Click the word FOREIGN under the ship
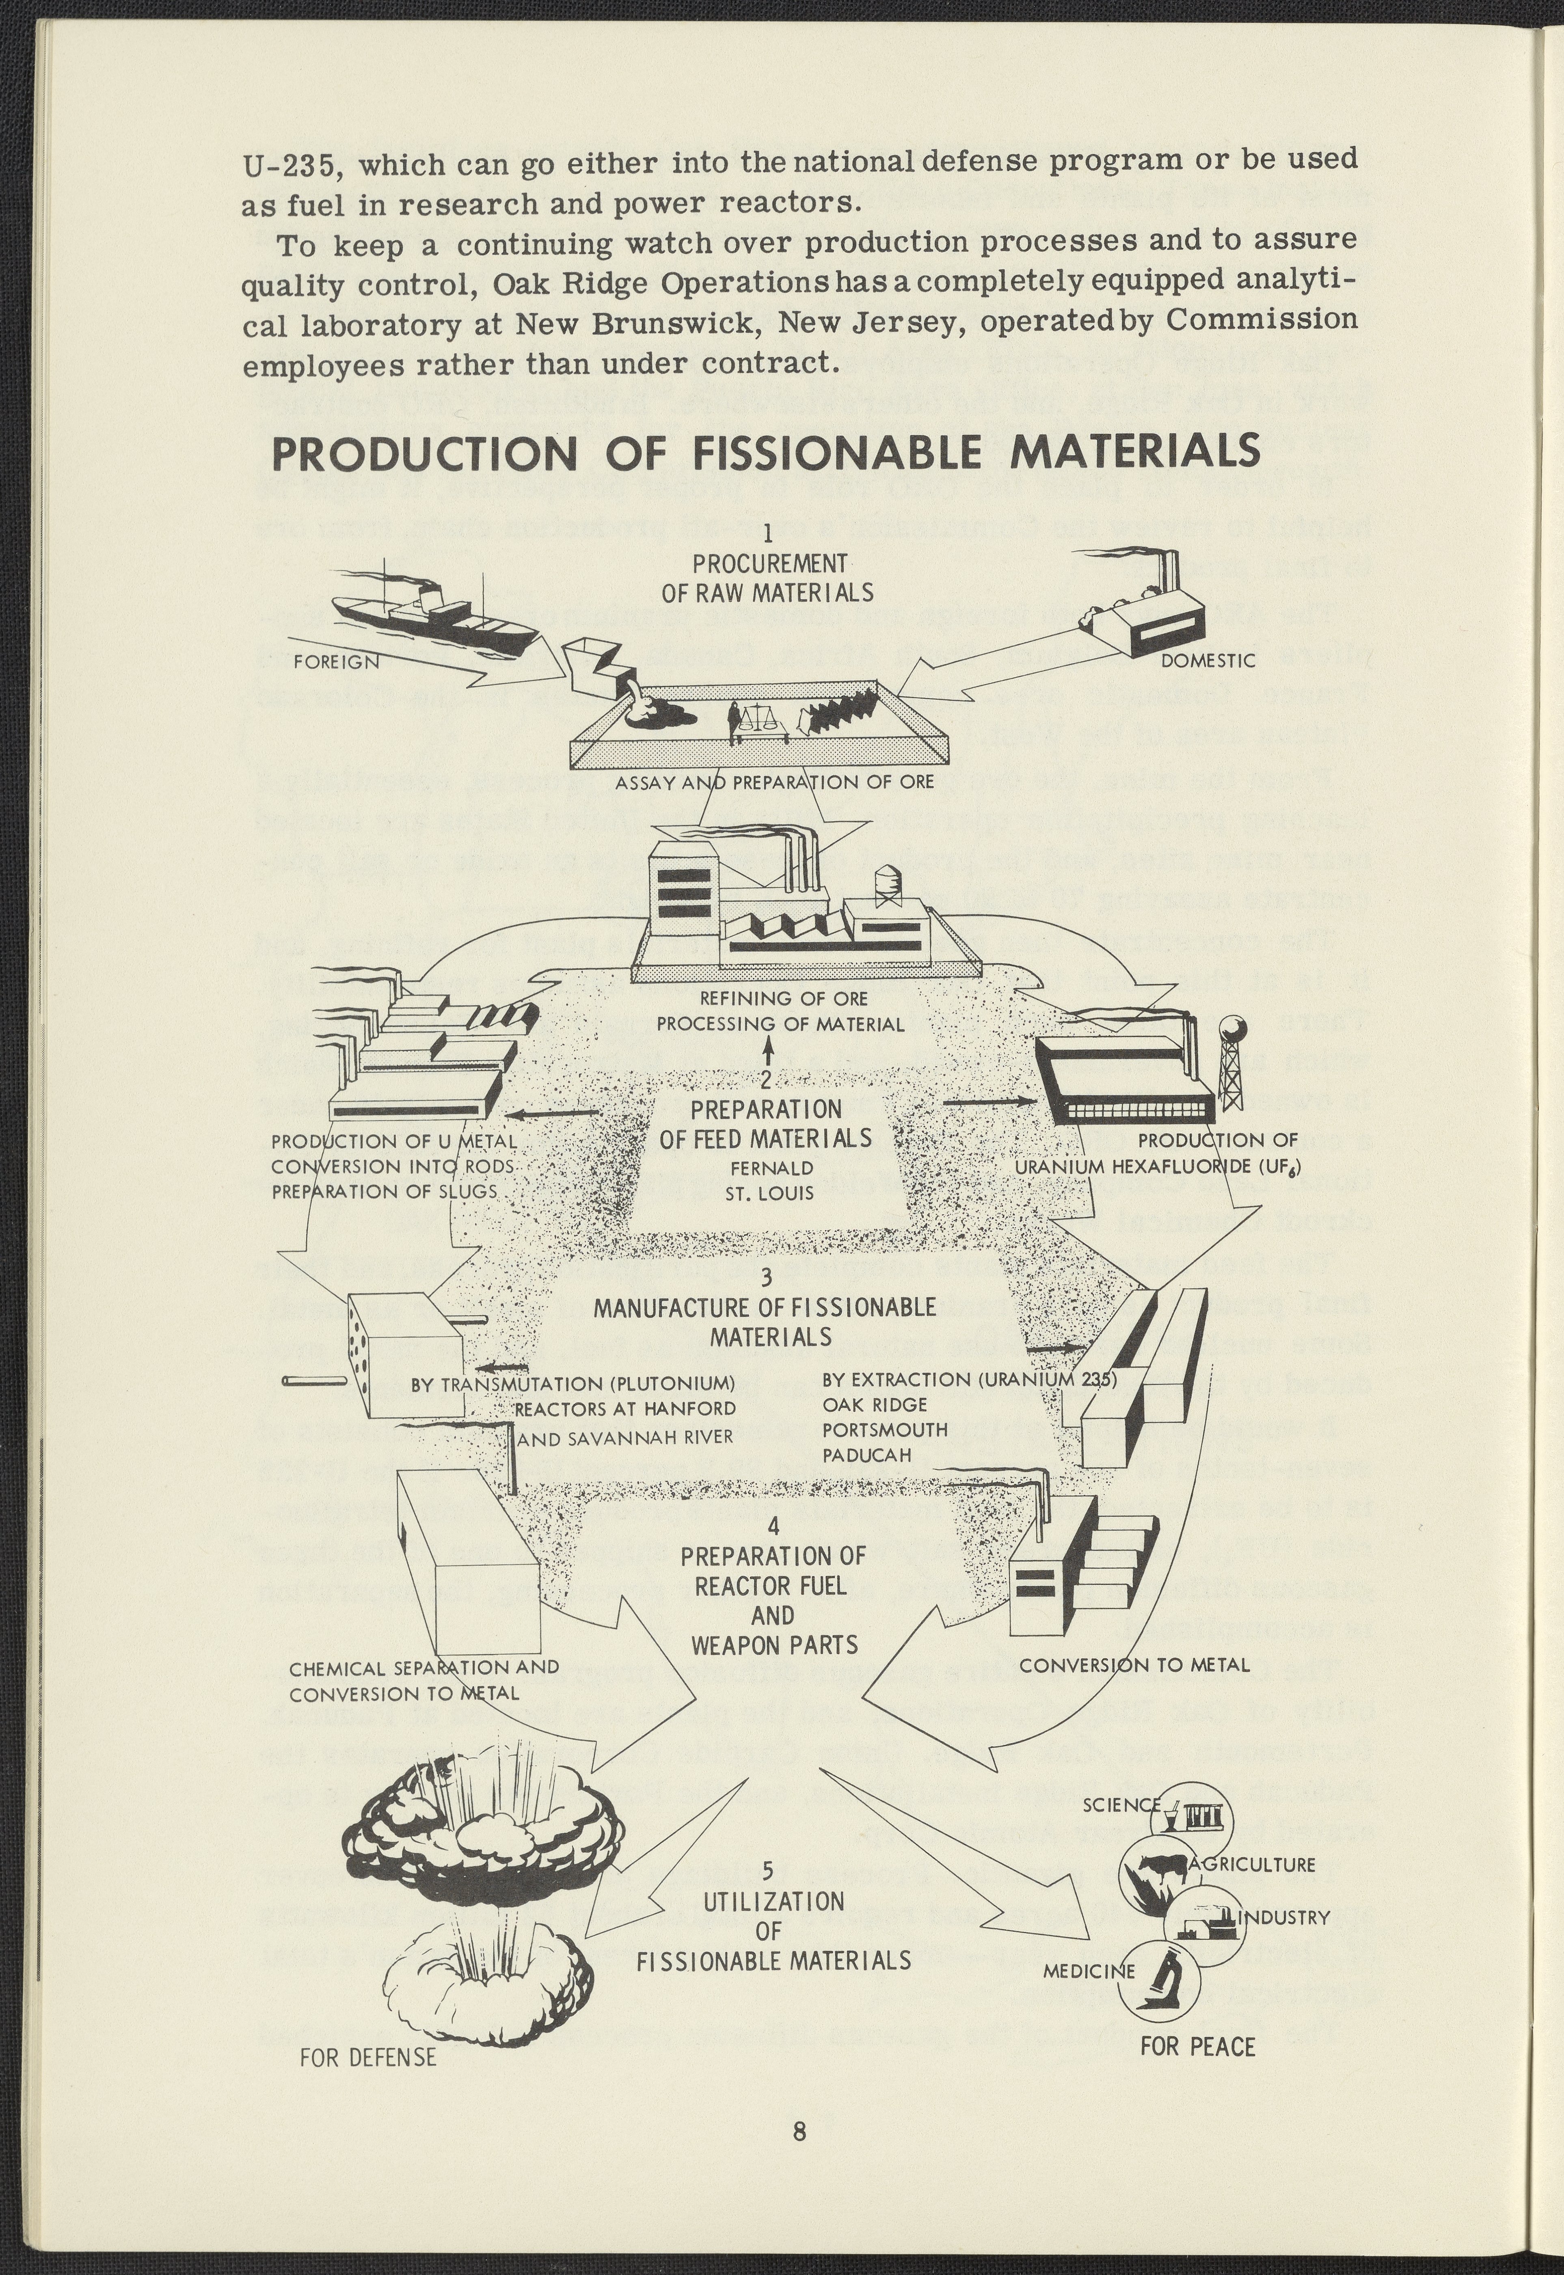[x=336, y=661]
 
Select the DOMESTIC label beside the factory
[x=1207, y=660]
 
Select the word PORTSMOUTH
[x=885, y=1429]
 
